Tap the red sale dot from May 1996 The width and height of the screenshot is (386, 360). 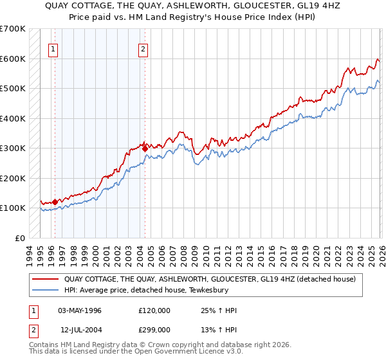[55, 201]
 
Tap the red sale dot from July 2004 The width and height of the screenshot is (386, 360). [145, 148]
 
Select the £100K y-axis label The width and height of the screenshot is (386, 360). [13, 208]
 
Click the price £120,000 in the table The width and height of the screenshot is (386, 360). [154, 310]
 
